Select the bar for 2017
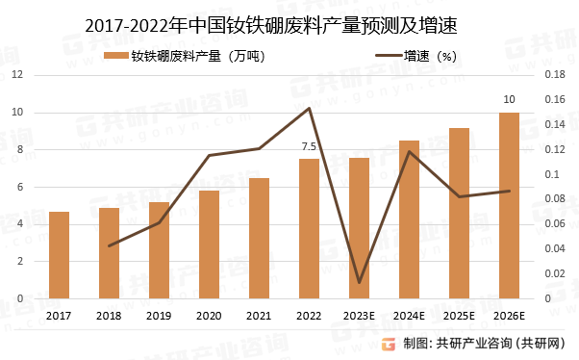pos(59,255)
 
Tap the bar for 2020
pos(209,244)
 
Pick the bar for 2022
pos(309,229)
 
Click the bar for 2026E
pos(509,206)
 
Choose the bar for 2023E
pos(359,228)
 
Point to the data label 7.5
pos(309,146)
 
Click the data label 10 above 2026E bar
pos(509,99)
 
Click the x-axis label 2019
pos(159,316)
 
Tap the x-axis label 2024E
pos(409,316)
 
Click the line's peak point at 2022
pos(309,108)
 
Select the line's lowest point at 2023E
pos(359,283)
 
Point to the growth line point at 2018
pos(109,245)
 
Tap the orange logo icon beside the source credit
pos(388,344)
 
